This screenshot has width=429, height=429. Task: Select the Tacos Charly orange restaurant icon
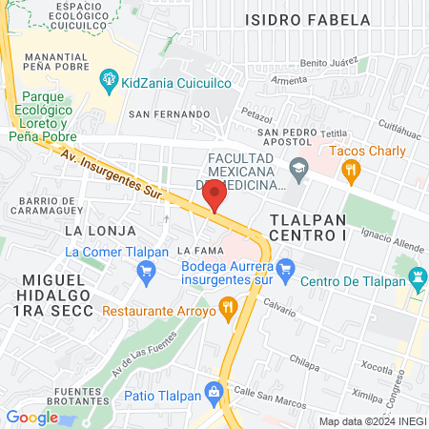351,173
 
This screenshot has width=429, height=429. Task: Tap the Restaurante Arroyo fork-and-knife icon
227,308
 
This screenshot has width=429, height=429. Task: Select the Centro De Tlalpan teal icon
417,279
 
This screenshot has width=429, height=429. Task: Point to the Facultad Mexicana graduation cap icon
299,170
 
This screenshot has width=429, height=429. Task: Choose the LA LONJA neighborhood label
93,231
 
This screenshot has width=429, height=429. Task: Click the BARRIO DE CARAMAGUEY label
51,205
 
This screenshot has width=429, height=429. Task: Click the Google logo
31,417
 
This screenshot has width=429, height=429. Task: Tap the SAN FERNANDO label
169,114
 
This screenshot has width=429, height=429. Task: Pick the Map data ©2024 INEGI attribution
372,421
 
